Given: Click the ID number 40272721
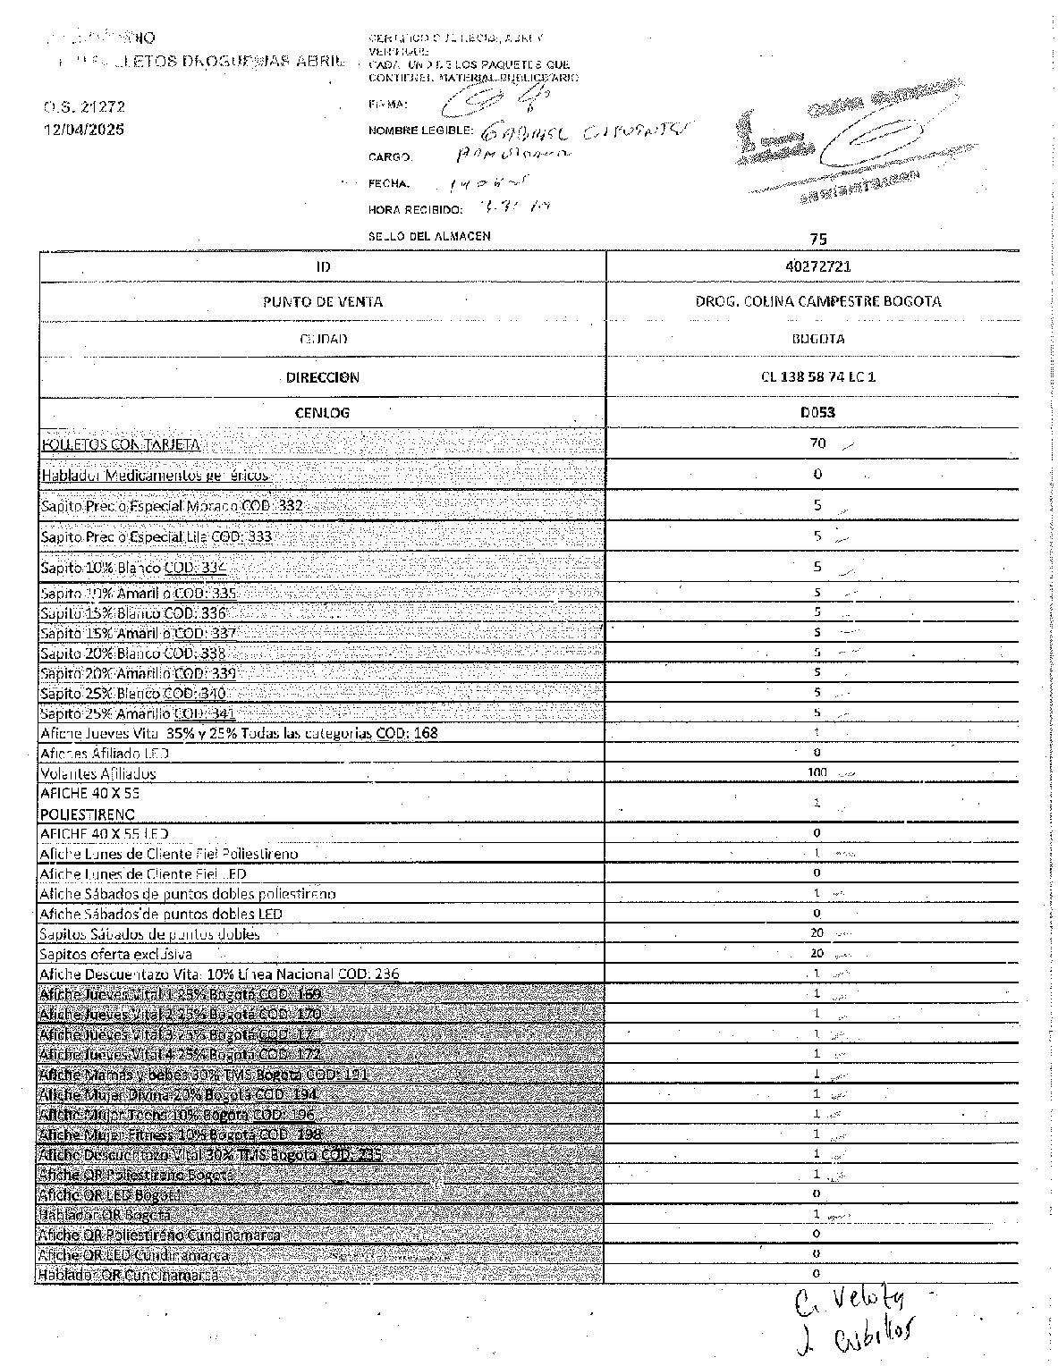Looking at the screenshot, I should (813, 266).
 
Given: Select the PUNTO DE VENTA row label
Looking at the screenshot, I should (323, 302).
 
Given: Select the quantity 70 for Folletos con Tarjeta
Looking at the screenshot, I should (817, 443).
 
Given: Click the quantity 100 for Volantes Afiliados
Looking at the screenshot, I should (817, 772).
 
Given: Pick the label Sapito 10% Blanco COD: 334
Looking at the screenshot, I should (133, 568).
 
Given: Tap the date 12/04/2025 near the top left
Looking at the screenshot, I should (84, 130).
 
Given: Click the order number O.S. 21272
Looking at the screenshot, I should (84, 106).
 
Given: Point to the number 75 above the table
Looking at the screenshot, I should (817, 239).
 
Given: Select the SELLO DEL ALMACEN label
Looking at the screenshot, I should (428, 236).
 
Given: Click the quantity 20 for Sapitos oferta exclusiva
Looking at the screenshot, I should (817, 953).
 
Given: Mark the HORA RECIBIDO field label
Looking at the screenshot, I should (415, 210).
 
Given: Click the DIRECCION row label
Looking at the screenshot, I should (323, 377).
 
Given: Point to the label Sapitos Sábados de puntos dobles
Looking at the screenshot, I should (149, 934).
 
